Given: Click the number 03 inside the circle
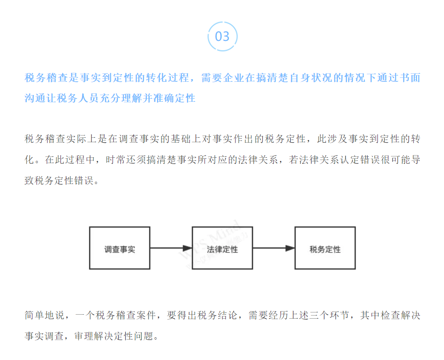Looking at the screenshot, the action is pyautogui.click(x=222, y=36).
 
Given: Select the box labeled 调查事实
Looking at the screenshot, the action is pyautogui.click(x=120, y=248).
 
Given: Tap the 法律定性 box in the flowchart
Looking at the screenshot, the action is pyautogui.click(x=222, y=248).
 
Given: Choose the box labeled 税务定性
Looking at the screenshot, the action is pyautogui.click(x=325, y=248).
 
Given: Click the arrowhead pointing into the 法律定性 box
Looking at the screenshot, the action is pyautogui.click(x=188, y=248).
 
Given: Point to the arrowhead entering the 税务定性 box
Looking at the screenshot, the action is pyautogui.click(x=290, y=248).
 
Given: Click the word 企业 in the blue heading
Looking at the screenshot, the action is pyautogui.click(x=234, y=78).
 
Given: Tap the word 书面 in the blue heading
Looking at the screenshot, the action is pyautogui.click(x=409, y=78).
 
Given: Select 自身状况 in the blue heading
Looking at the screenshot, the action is pyautogui.click(x=312, y=78).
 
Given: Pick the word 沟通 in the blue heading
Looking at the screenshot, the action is pyautogui.click(x=35, y=98).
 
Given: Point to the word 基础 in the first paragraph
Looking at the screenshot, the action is pyautogui.click(x=181, y=139).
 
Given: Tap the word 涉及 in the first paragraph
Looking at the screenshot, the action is pyautogui.click(x=337, y=139).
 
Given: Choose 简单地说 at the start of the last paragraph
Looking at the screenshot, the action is pyautogui.click(x=45, y=315).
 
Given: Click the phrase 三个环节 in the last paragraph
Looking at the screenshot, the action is pyautogui.click(x=329, y=315).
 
